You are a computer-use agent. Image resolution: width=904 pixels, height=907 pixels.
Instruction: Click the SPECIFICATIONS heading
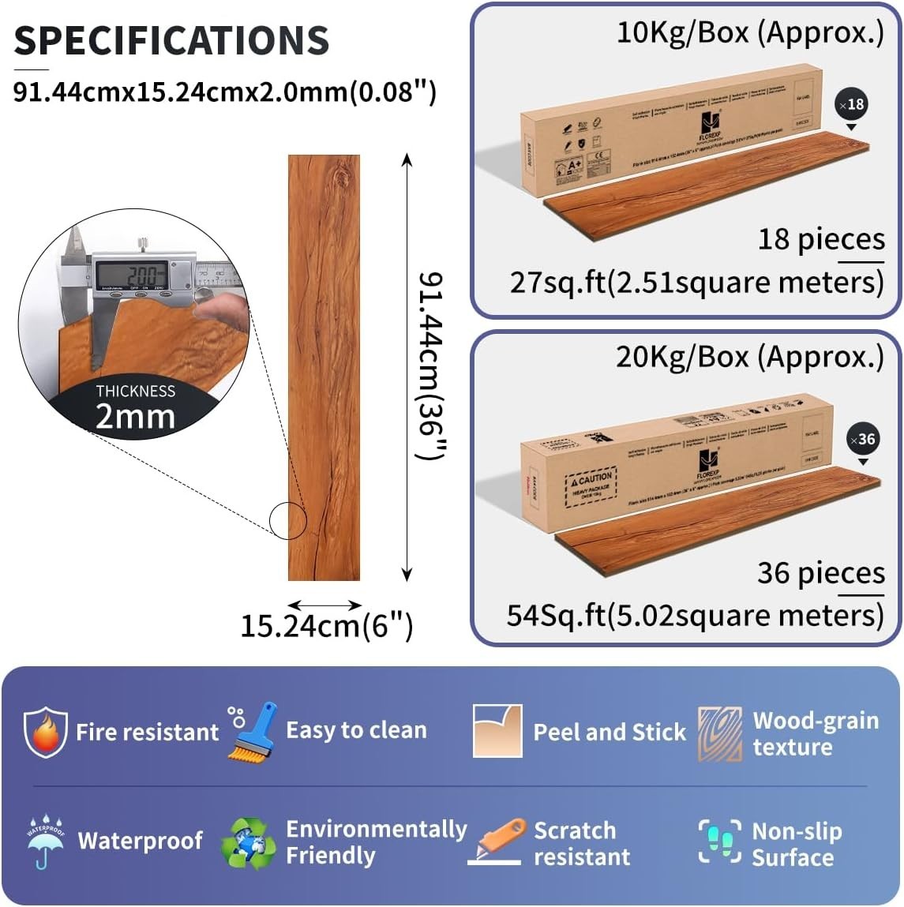(x=171, y=40)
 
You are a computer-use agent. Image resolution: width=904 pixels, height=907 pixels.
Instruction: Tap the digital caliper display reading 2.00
(x=131, y=274)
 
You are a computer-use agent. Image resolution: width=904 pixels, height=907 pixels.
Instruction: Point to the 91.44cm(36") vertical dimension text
(x=432, y=367)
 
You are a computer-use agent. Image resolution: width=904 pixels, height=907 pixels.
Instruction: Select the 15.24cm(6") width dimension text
(x=326, y=626)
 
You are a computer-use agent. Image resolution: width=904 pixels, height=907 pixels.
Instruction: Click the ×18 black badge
(x=851, y=105)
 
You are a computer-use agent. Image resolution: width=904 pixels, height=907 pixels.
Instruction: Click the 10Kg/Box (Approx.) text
(x=749, y=33)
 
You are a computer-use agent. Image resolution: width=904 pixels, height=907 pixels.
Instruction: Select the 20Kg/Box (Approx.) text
(x=749, y=357)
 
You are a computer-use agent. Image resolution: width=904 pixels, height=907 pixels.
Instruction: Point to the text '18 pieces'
(x=821, y=238)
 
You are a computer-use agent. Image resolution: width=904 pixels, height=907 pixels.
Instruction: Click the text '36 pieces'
(x=820, y=572)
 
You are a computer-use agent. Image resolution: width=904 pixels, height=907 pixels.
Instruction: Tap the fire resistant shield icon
(x=45, y=732)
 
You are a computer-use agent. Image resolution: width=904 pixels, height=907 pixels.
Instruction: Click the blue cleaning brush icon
(x=252, y=731)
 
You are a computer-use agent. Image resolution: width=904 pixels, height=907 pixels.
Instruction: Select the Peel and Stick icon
(x=497, y=731)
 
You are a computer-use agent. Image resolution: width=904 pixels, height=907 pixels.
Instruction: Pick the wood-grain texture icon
(x=719, y=733)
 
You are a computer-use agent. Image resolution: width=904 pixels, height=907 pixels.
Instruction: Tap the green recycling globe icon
(x=249, y=843)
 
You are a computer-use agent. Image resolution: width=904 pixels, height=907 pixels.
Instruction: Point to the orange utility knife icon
(x=497, y=841)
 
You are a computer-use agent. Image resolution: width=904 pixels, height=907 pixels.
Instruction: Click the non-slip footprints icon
(x=719, y=841)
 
